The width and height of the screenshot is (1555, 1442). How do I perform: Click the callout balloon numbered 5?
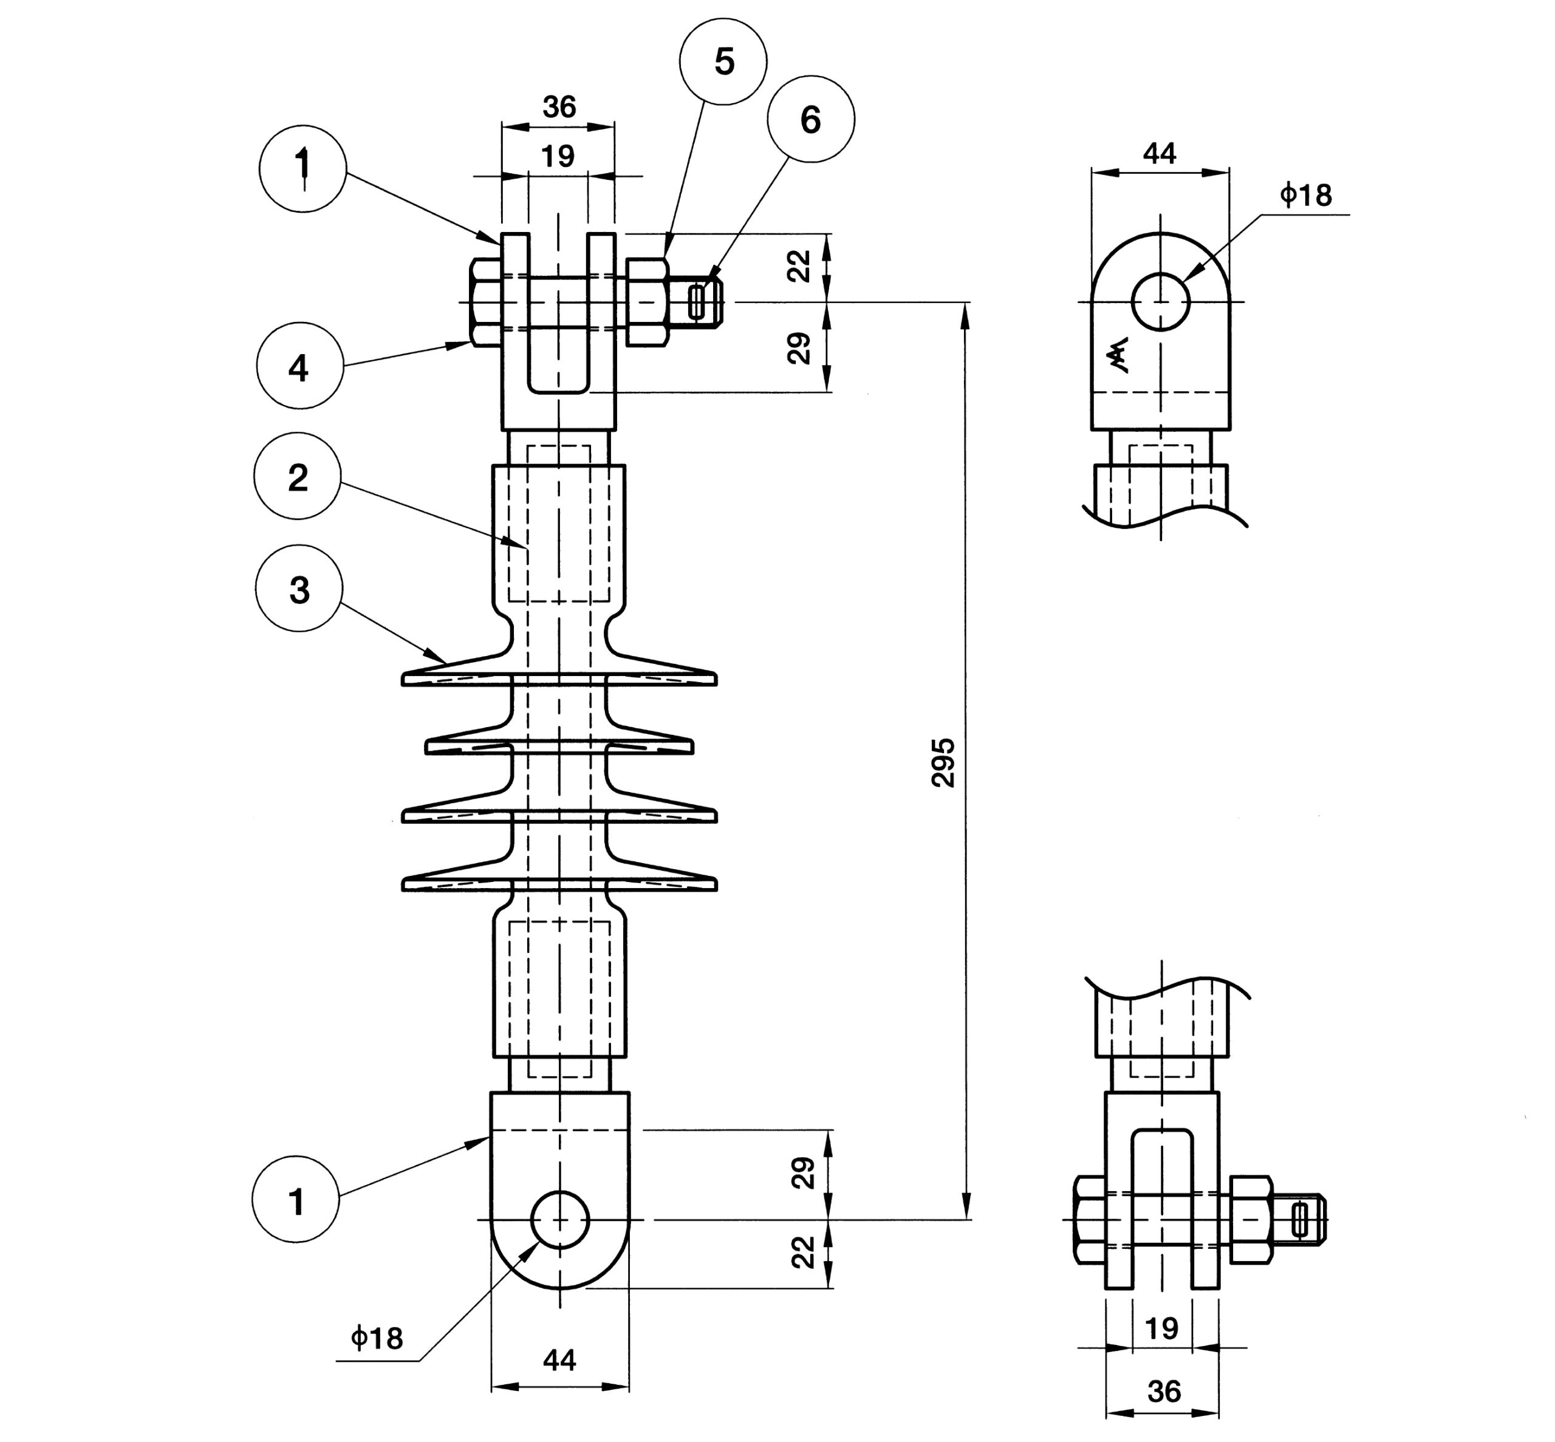tap(723, 61)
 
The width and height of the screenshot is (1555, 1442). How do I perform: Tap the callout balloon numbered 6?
tap(811, 120)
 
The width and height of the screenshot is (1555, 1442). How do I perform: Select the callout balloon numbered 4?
tap(299, 366)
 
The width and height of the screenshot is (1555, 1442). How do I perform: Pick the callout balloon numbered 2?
tap(297, 476)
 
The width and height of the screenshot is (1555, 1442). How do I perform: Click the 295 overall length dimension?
tap(943, 762)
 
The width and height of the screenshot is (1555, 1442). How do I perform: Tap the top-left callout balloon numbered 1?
tap(302, 168)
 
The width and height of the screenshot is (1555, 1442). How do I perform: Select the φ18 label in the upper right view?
tap(1305, 194)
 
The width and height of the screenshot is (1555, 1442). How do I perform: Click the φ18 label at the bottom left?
tap(377, 1338)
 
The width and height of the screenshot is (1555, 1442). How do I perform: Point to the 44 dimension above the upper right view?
tap(1160, 153)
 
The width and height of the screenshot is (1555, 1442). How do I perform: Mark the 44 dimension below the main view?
tap(559, 1360)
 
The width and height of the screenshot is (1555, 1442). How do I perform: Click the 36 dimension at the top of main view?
tap(559, 107)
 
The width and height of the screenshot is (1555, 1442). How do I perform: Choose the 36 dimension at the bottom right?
tap(1163, 1391)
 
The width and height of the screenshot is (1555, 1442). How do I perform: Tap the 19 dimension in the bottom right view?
tap(1162, 1327)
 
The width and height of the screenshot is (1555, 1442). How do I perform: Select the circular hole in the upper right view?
tap(1160, 301)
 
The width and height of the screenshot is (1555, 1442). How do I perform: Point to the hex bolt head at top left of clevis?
tap(485, 302)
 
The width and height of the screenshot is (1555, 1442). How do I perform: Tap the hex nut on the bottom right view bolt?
tap(1251, 1219)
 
